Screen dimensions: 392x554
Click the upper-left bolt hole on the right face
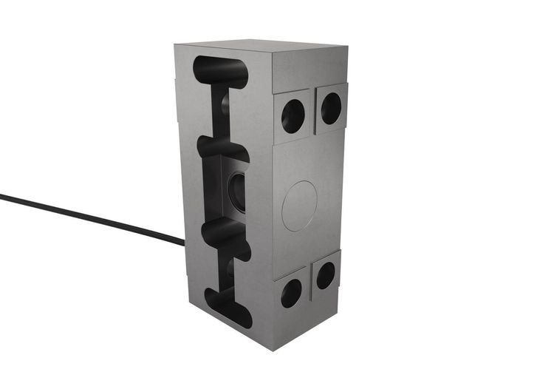pos(293,115)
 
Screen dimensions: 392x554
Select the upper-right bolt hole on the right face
pos(331,108)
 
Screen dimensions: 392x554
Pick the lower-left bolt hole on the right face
pos(291,293)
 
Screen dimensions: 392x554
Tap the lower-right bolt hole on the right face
pos(326,275)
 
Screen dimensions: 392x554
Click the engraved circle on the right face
pos(299,205)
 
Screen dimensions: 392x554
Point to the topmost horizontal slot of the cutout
pos(220,70)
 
